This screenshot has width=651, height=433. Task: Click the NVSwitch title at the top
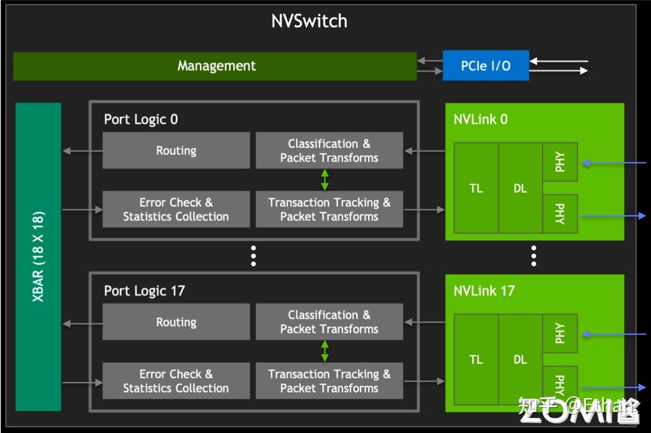(x=309, y=21)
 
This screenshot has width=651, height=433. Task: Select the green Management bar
(x=215, y=66)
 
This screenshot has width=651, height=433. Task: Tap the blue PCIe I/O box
(x=486, y=66)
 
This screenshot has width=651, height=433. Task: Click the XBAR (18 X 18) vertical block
(x=39, y=256)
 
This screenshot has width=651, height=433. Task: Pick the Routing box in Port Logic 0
(x=176, y=151)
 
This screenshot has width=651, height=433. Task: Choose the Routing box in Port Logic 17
(x=176, y=322)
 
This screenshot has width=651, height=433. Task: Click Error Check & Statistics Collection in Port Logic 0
(x=176, y=210)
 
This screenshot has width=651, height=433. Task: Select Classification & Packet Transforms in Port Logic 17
(x=329, y=322)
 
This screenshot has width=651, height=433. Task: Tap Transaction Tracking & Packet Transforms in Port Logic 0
(x=329, y=210)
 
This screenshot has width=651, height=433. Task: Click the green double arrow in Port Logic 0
(x=325, y=180)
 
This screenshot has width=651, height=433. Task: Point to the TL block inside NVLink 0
(x=476, y=188)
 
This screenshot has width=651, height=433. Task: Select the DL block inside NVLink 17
(x=520, y=360)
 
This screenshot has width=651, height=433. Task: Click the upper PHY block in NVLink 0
(x=560, y=162)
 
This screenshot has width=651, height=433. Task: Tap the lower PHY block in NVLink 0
(x=560, y=213)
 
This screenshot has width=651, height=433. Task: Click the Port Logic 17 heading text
(x=144, y=291)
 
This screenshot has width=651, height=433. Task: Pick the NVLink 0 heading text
(x=480, y=119)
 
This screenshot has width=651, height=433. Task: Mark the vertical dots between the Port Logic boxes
(x=254, y=256)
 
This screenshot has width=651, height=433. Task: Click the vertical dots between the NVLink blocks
(x=533, y=256)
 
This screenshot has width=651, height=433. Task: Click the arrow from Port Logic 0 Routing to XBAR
(x=82, y=151)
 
